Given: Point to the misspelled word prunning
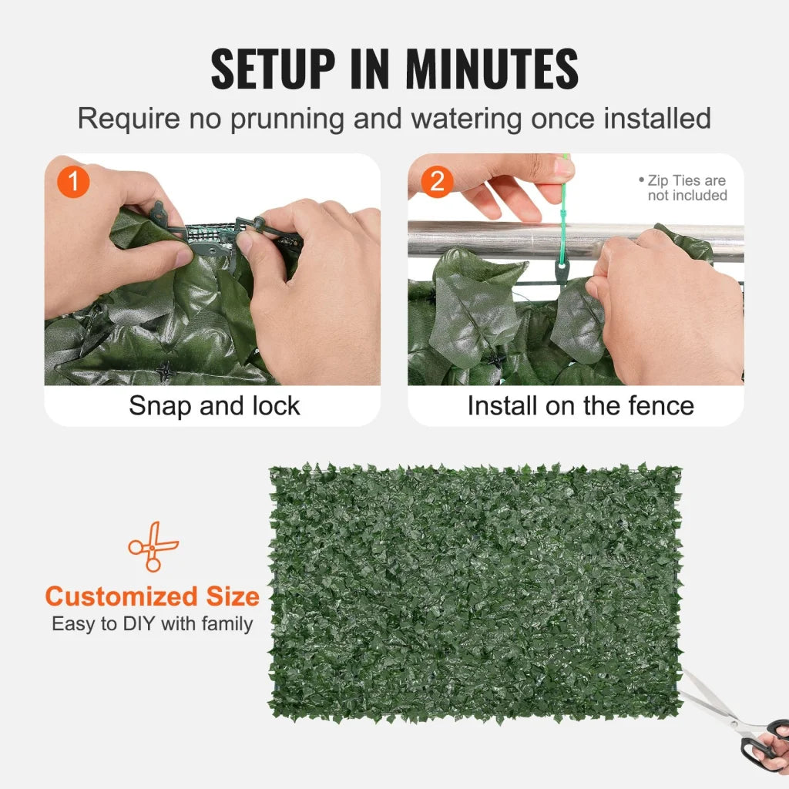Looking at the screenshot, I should pyautogui.click(x=279, y=119).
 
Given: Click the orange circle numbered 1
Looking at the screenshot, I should pyautogui.click(x=74, y=183).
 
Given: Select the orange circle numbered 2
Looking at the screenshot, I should pyautogui.click(x=437, y=183).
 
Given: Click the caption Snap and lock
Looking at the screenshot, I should pyautogui.click(x=213, y=406).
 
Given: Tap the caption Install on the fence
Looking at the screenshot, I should pyautogui.click(x=580, y=406).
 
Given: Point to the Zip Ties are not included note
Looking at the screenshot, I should pyautogui.click(x=684, y=188).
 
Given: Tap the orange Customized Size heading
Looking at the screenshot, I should pyautogui.click(x=152, y=596).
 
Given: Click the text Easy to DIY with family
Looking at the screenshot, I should pyautogui.click(x=152, y=624).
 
